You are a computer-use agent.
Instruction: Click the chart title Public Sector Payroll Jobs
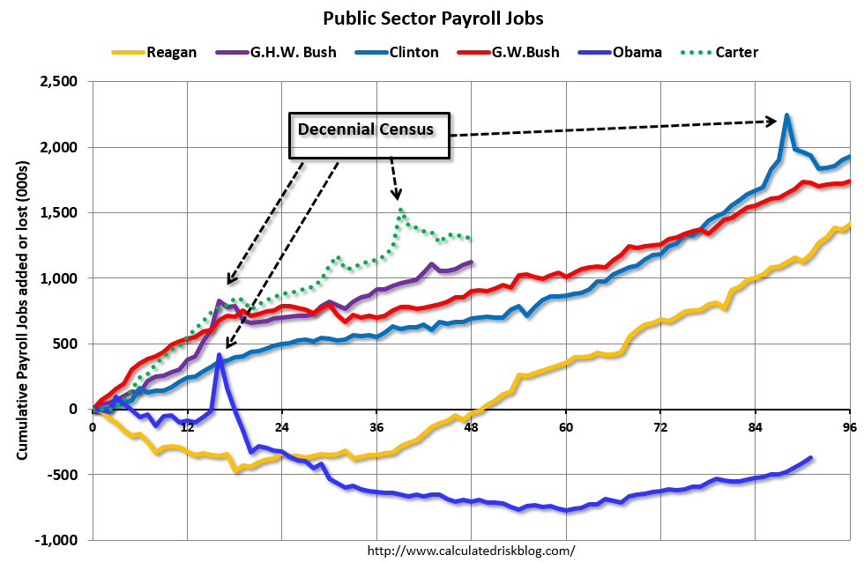[432, 18]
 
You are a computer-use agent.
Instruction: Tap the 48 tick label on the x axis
[471, 428]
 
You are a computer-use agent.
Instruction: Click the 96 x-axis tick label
[850, 428]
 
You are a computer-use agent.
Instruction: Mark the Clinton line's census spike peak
[786, 115]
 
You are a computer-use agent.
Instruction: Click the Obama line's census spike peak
[219, 356]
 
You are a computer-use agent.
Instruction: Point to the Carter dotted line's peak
[401, 210]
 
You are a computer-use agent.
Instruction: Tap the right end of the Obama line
[810, 458]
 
